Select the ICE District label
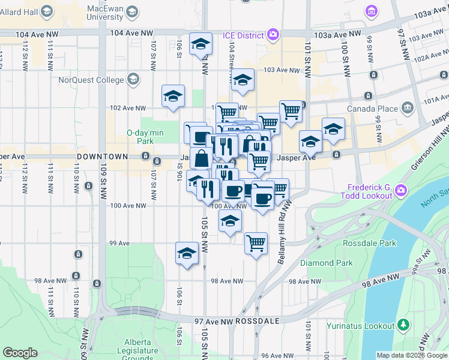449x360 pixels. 244,35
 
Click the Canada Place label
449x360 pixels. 372,109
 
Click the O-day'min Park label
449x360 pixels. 141,137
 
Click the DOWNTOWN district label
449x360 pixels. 103,156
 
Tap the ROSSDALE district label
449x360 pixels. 258,321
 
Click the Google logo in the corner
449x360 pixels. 20,353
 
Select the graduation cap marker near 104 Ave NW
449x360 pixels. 200,43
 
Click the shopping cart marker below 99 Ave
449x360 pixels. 256,244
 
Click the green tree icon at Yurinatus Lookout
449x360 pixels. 405,325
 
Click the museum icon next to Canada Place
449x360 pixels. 408,109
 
